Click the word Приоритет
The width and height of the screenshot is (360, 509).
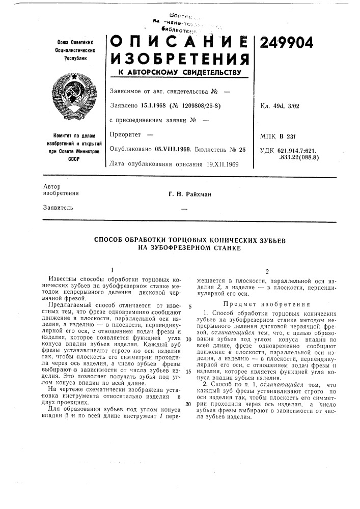click(x=124, y=135)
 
